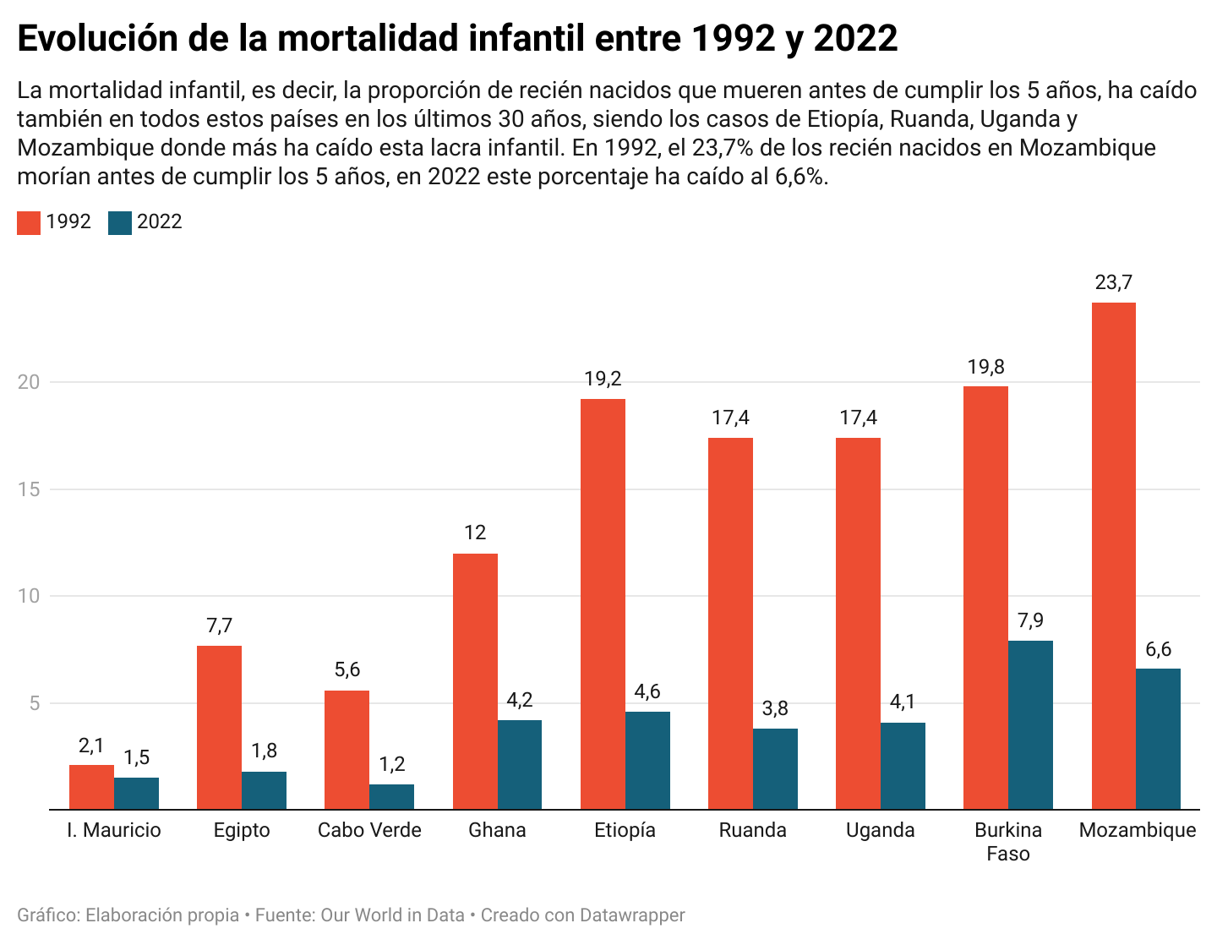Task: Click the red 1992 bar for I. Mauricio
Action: pyautogui.click(x=91, y=787)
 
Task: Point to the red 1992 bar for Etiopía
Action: pyautogui.click(x=603, y=604)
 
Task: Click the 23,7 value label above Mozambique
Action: pyautogui.click(x=1113, y=283)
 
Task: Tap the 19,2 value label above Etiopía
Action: pyautogui.click(x=603, y=380)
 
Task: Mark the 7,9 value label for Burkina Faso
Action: pyautogui.click(x=1030, y=621)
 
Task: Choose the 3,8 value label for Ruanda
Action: pyautogui.click(x=775, y=709)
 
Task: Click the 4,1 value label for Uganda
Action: pyautogui.click(x=903, y=702)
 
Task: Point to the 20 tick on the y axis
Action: pyautogui.click(x=30, y=382)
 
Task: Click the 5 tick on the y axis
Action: pyautogui.click(x=35, y=703)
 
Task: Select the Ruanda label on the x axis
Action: pyautogui.click(x=752, y=830)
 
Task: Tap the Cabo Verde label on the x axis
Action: pyautogui.click(x=369, y=830)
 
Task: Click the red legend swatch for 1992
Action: pyautogui.click(x=29, y=222)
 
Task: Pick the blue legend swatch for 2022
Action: pyautogui.click(x=120, y=222)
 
